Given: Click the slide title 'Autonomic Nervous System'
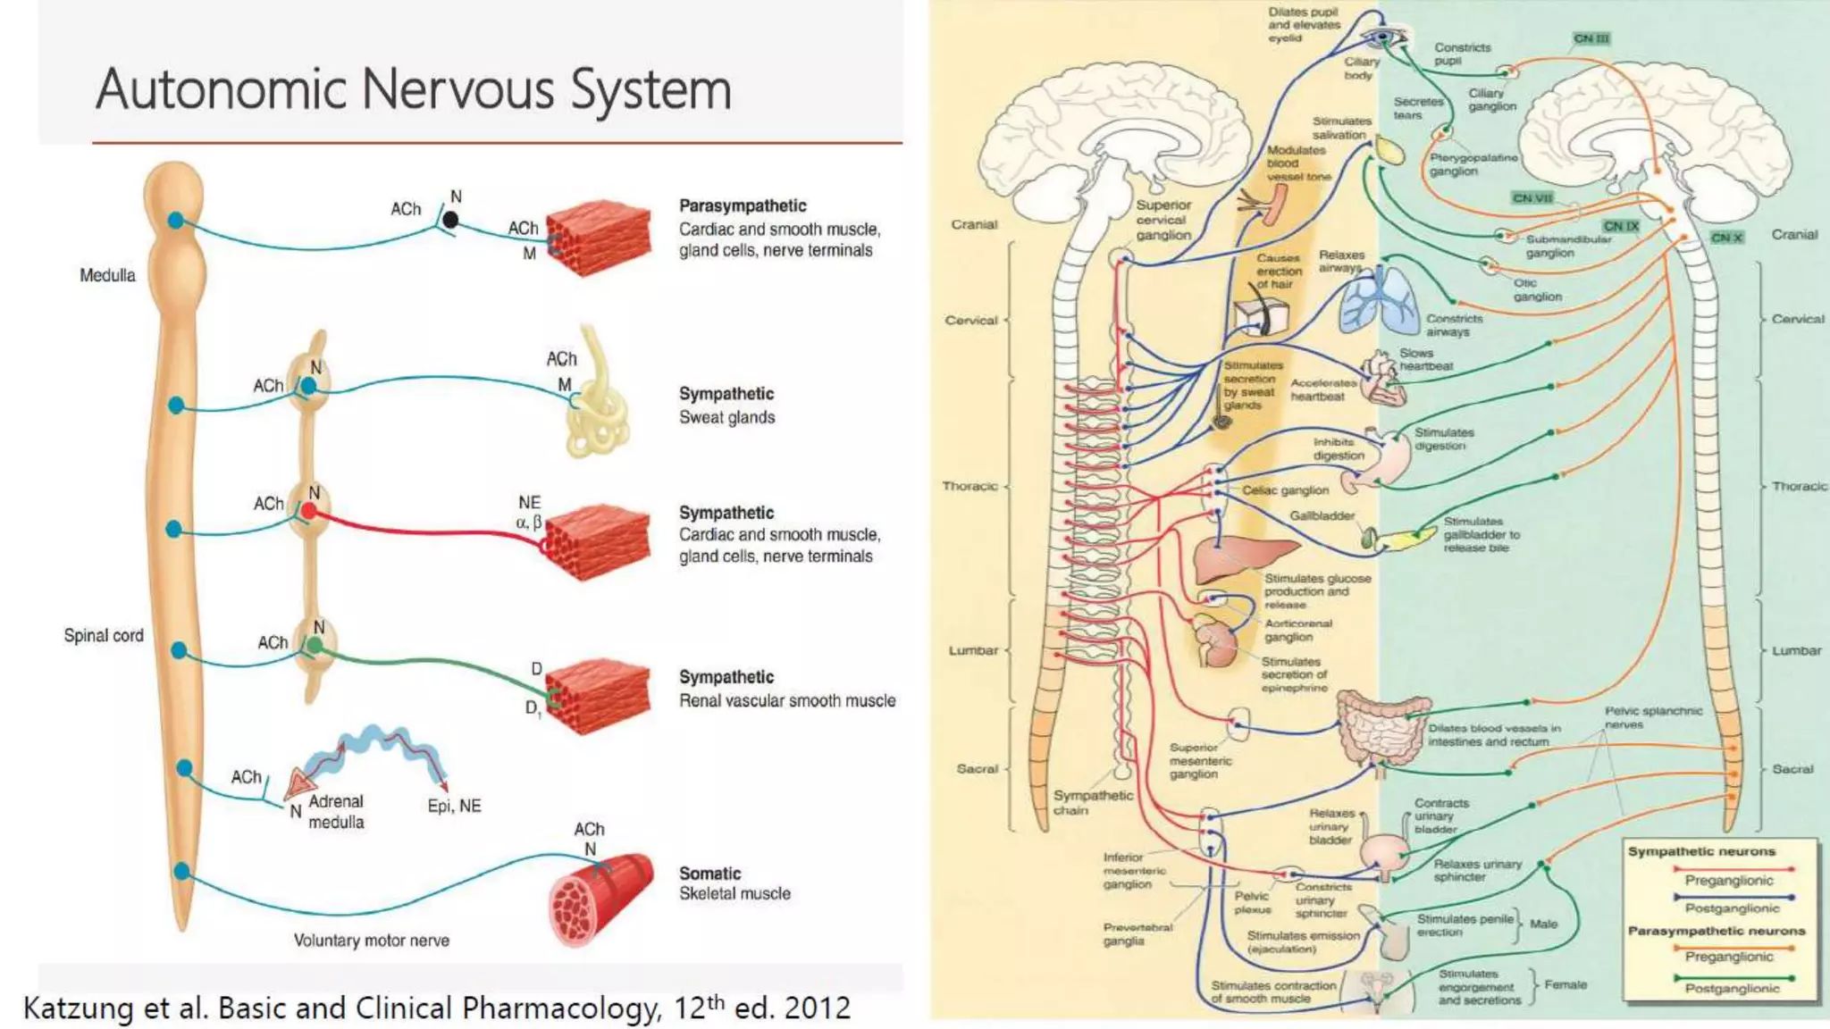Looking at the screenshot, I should click(413, 90).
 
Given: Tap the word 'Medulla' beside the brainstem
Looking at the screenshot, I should click(107, 275).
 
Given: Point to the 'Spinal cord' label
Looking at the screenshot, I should click(103, 635).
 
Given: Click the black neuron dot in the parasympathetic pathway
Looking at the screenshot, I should click(451, 219).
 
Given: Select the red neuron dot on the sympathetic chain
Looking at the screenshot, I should click(308, 511).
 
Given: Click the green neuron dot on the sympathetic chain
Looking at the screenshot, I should click(315, 645).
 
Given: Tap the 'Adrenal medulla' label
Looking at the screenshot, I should click(336, 811).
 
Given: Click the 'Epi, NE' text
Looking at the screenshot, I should click(454, 806).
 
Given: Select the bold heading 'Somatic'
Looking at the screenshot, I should click(709, 874).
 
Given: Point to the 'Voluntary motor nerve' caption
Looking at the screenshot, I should click(371, 940).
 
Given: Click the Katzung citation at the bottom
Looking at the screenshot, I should click(436, 1008).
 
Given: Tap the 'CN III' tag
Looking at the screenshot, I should click(1591, 38).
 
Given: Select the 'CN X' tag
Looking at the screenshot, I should click(1726, 238).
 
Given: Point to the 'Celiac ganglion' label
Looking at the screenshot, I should click(1285, 490).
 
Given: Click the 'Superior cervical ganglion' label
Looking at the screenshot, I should click(1163, 220).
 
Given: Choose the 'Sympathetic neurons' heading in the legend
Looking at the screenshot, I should click(1701, 851).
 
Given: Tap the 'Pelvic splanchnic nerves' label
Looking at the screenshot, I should click(1652, 717).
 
